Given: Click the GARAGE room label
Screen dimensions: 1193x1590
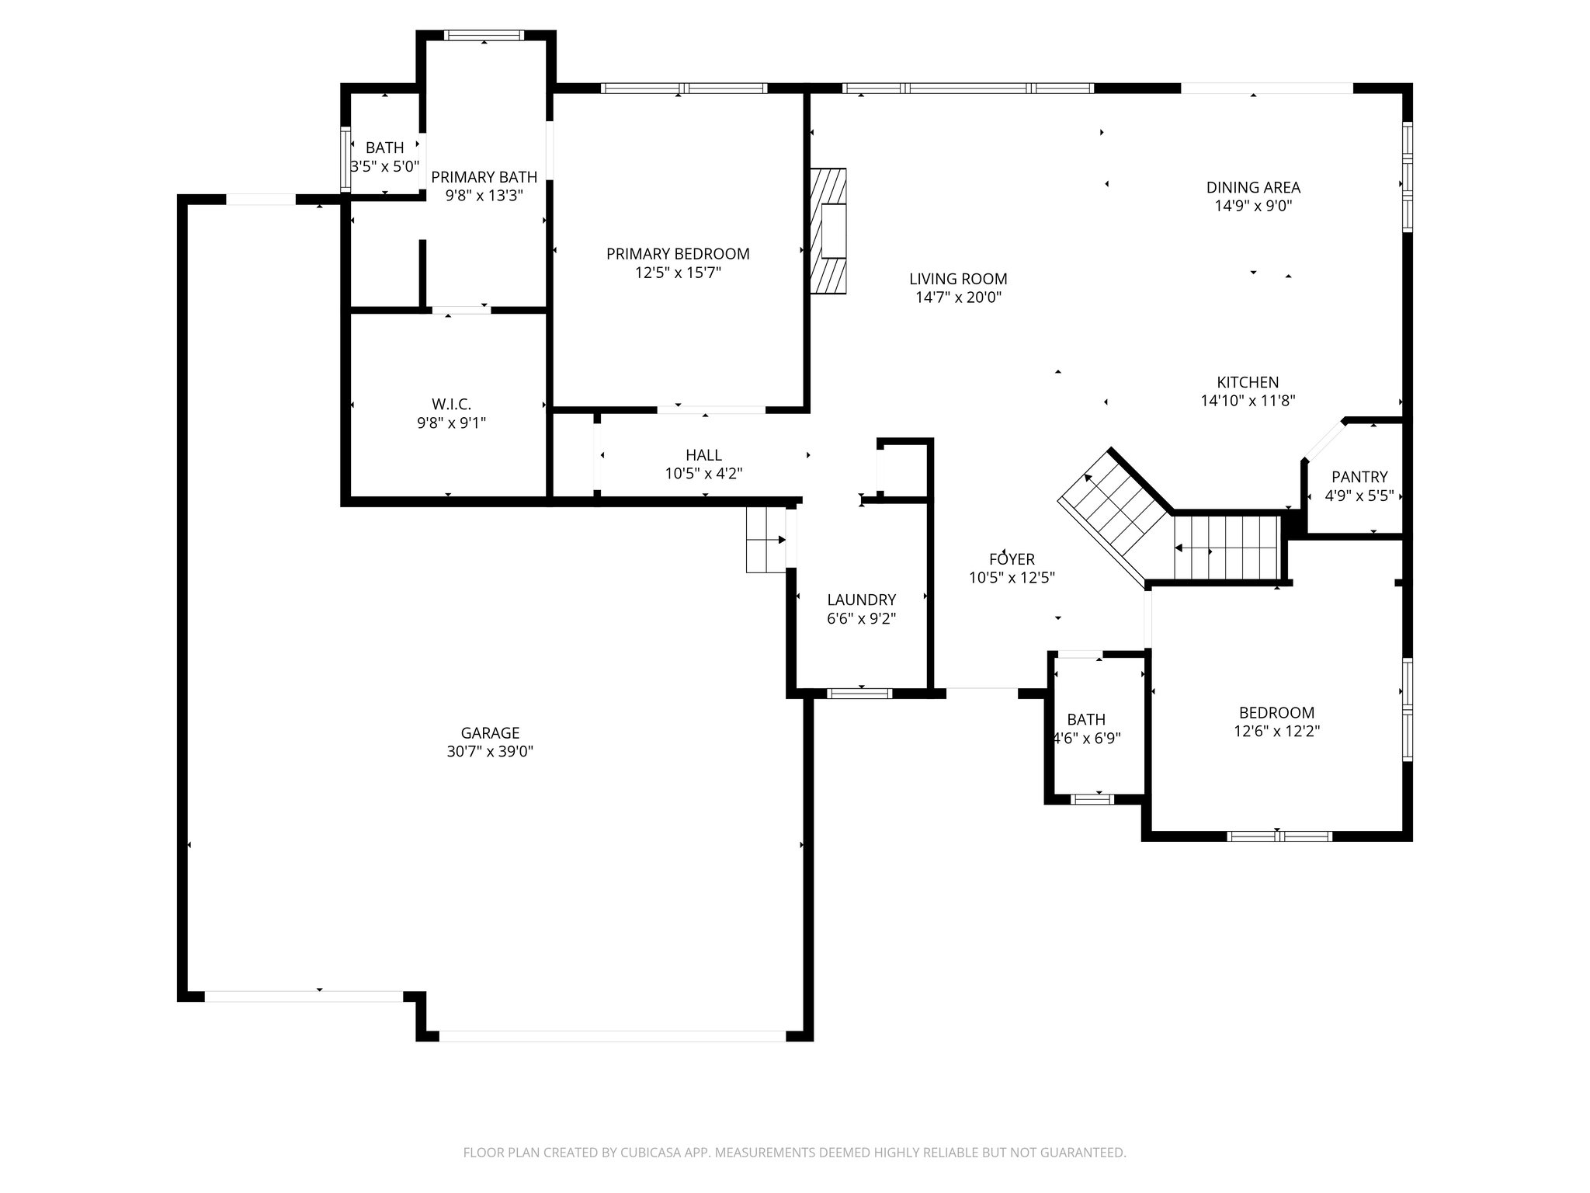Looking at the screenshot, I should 490,732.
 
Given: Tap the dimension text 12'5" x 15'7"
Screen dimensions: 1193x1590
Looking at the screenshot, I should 678,273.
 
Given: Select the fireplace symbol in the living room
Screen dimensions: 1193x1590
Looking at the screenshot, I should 828,231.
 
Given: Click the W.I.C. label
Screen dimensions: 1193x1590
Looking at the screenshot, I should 451,404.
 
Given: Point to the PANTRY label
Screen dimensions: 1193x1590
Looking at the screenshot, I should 1359,477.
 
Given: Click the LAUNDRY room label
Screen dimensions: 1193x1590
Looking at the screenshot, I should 861,600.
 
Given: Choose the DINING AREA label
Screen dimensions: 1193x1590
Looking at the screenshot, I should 1253,187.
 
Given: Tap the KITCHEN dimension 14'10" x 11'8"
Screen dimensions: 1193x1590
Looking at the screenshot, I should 1248,401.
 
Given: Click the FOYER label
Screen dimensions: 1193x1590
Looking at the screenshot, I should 1012,559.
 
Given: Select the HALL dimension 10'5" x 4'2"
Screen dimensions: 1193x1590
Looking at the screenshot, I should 703,474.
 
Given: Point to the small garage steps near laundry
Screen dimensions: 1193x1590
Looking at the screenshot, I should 765,540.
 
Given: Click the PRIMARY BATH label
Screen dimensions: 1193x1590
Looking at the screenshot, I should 484,177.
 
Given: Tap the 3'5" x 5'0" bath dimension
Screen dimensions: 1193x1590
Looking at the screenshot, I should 385,166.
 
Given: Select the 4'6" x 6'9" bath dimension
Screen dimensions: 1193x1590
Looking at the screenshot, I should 1086,738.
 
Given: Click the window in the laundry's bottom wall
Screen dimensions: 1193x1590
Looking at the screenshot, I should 859,693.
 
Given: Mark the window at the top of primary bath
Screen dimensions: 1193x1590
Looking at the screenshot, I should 484,35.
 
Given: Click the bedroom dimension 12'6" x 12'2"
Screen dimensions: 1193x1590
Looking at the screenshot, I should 1276,731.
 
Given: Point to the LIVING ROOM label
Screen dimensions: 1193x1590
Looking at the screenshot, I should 958,279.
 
